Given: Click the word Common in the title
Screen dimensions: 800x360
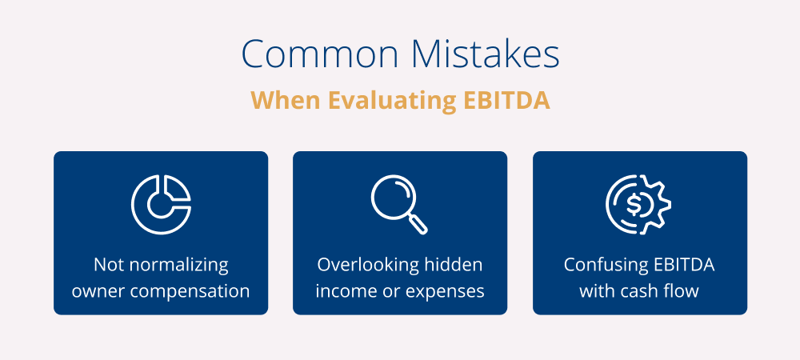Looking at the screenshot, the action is click(x=320, y=54).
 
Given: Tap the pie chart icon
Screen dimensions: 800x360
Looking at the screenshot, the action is click(x=161, y=205).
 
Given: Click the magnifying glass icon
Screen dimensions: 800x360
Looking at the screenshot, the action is click(x=399, y=205).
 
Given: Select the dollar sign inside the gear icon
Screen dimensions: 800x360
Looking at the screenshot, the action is click(x=634, y=205).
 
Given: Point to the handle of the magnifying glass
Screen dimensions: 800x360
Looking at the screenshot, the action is click(x=418, y=224).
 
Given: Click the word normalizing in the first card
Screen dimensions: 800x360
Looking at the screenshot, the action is click(x=178, y=265).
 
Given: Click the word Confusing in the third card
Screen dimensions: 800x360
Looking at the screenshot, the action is click(x=606, y=265).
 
